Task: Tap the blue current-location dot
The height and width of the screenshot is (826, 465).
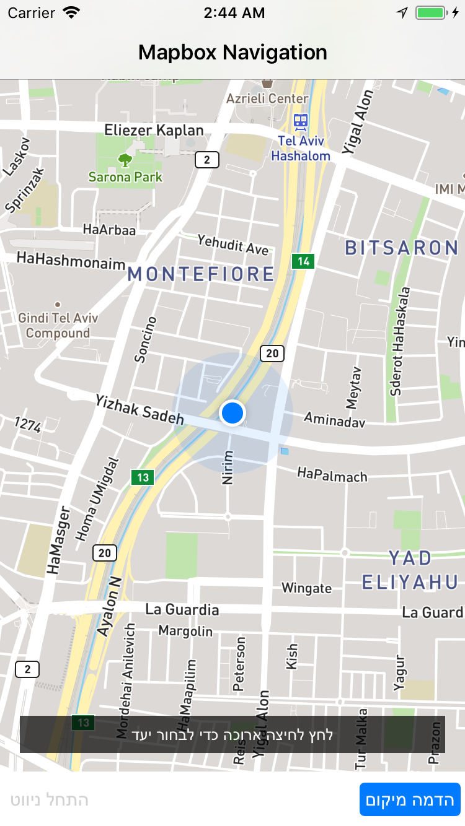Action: click(232, 412)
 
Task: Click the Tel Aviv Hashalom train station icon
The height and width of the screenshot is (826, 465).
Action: click(301, 120)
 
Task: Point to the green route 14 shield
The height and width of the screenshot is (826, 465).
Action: click(303, 261)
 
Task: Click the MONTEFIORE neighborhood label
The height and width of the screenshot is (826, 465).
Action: click(201, 274)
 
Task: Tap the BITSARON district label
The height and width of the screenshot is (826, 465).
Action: click(402, 248)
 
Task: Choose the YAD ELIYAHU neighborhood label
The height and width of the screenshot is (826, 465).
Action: click(410, 570)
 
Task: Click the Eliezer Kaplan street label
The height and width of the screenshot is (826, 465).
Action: click(154, 130)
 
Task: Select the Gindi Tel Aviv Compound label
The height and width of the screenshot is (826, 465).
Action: click(58, 326)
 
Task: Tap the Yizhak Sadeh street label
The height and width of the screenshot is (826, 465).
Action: click(139, 410)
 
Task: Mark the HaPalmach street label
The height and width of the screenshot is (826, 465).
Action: click(332, 475)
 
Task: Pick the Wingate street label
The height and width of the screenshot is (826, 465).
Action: click(306, 588)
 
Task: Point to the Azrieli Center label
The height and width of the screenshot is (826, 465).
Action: click(267, 98)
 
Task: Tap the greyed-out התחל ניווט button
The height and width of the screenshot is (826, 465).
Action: click(50, 799)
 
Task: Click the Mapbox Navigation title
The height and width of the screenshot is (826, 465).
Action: click(232, 53)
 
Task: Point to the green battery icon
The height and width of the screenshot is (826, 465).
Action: click(430, 12)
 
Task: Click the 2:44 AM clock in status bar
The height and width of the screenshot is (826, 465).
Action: click(234, 12)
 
